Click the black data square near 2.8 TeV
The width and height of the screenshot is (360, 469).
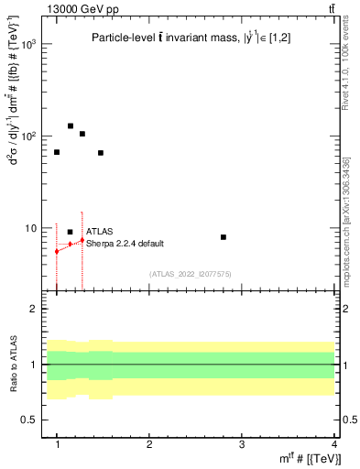pos(224,237)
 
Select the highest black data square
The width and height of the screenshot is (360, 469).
pos(71,126)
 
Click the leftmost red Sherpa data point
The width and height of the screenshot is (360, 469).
pos(57,251)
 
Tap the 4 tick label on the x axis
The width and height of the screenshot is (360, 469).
pos(334,442)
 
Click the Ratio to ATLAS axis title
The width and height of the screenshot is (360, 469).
pos(14,365)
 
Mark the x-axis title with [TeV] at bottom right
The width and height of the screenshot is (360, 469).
pos(312,459)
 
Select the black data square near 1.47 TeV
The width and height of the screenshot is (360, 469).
pos(100,153)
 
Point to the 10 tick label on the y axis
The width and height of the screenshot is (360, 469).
pos(31,228)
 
